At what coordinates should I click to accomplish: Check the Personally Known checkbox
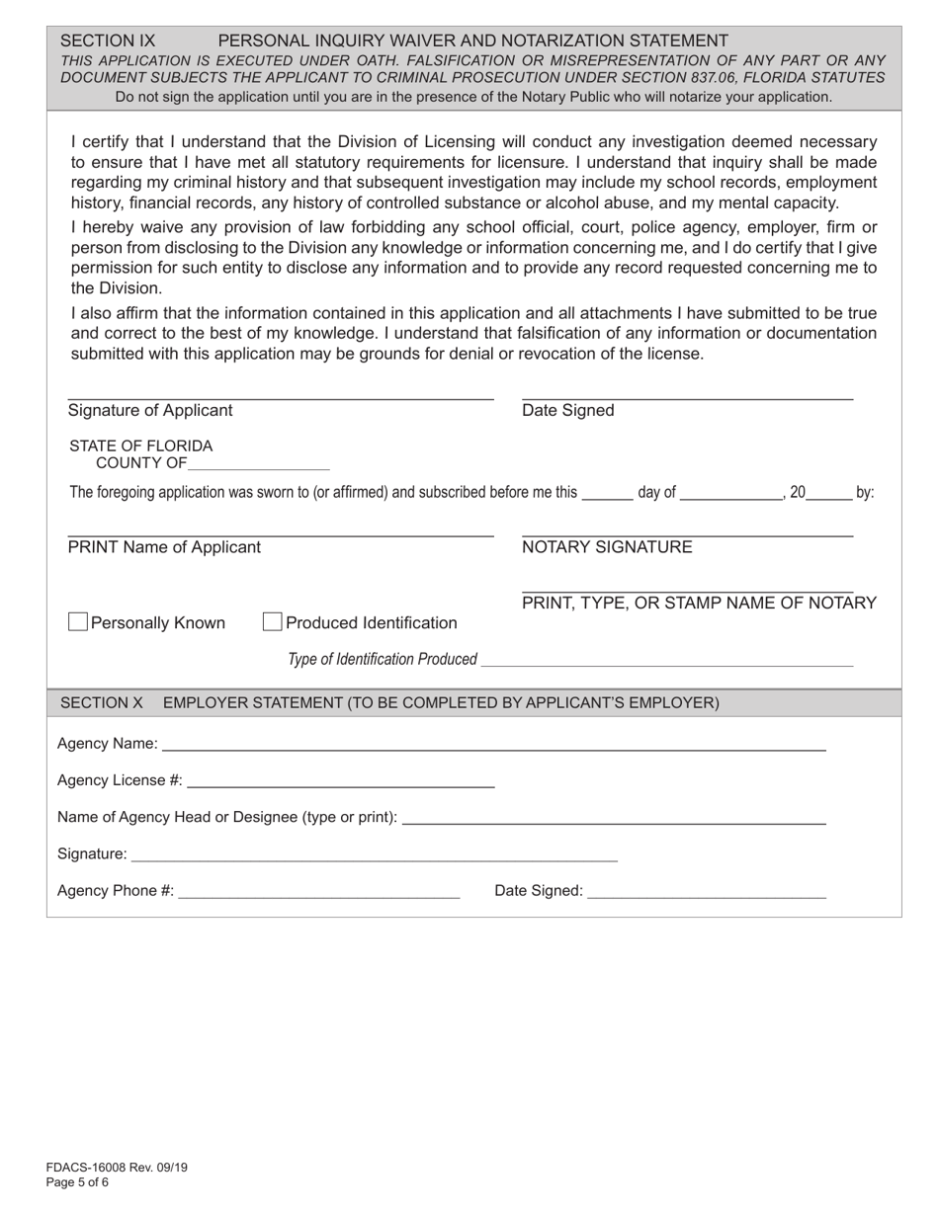(78, 621)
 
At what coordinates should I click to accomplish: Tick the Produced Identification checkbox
(273, 621)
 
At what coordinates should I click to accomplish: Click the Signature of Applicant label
(150, 410)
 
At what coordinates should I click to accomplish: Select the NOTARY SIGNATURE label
(607, 547)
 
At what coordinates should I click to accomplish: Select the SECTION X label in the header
(102, 702)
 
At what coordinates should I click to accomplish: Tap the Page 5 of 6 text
(77, 1181)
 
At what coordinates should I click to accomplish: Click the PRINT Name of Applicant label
(164, 547)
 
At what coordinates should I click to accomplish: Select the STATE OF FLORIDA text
(140, 445)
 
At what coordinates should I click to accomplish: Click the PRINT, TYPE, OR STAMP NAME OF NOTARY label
(699, 603)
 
